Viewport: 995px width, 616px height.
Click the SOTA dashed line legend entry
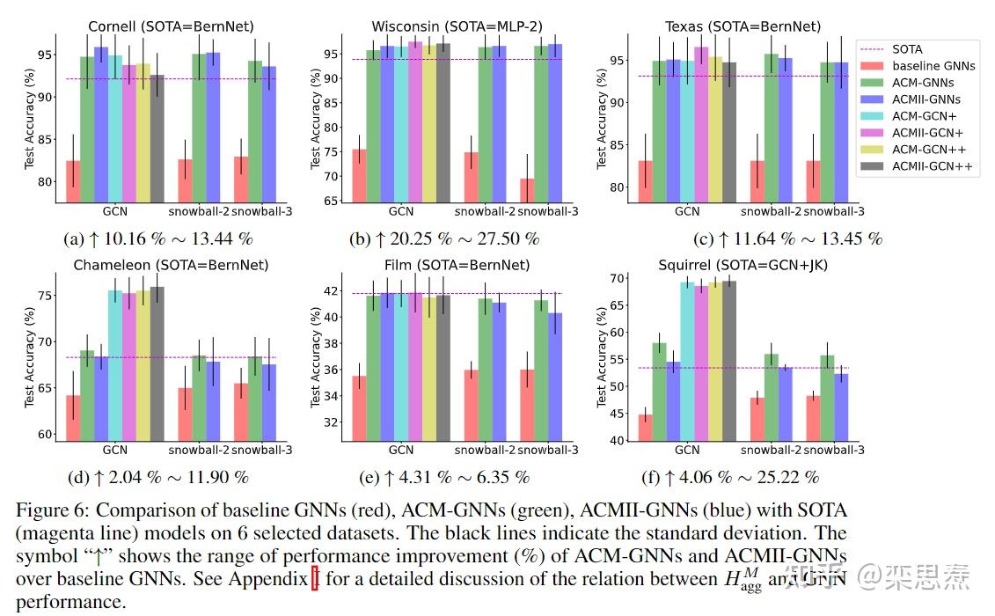[x=906, y=49]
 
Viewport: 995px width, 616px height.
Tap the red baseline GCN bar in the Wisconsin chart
[x=359, y=176]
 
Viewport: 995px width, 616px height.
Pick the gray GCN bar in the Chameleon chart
[x=157, y=362]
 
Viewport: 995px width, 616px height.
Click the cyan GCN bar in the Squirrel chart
[x=687, y=361]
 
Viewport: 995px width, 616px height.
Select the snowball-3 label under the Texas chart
[x=834, y=211]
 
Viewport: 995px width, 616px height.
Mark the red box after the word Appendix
[x=315, y=579]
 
